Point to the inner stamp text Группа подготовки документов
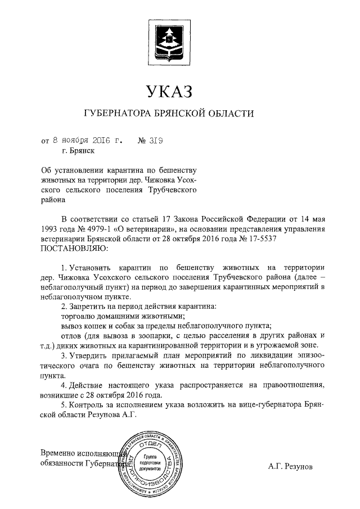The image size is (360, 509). tap(151, 463)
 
